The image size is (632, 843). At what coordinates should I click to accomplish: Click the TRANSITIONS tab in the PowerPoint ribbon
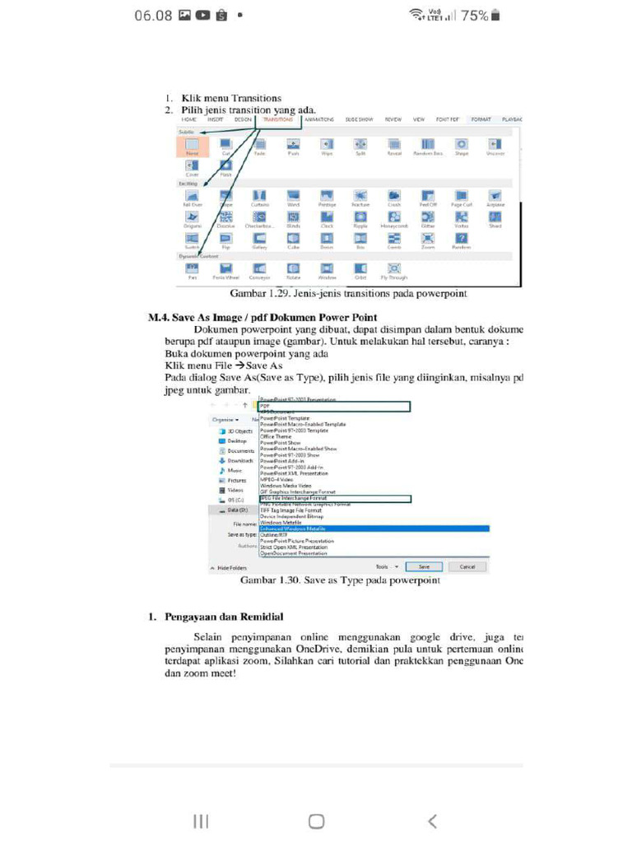click(x=278, y=119)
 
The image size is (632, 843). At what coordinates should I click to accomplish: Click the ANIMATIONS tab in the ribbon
click(x=318, y=119)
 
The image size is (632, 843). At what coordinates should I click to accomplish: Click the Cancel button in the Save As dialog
click(x=467, y=567)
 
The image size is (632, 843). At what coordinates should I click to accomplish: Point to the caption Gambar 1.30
click(x=339, y=580)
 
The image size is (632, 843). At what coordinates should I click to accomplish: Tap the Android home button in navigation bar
click(x=316, y=821)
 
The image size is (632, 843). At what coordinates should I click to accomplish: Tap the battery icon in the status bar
click(x=495, y=15)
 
